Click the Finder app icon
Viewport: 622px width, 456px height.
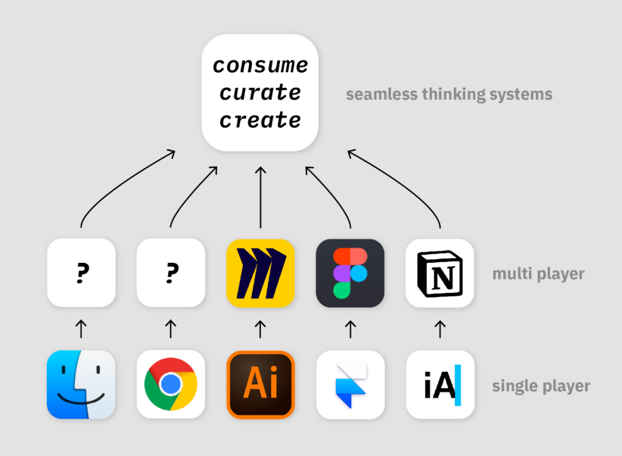point(81,385)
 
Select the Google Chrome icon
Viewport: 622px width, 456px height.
point(170,385)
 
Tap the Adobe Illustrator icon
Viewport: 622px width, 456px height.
point(260,385)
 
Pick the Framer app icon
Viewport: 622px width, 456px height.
point(350,385)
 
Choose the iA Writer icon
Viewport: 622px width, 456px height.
point(440,385)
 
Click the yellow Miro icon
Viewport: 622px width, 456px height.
point(260,273)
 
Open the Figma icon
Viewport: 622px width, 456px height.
point(350,273)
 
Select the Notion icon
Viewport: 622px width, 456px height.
point(440,273)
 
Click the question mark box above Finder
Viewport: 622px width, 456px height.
point(81,273)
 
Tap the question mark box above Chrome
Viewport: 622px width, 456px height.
point(170,273)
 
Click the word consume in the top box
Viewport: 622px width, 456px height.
point(260,65)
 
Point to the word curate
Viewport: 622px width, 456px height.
point(260,92)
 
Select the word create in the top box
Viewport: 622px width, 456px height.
point(260,120)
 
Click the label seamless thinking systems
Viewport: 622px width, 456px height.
point(449,95)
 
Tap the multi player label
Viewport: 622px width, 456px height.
point(538,274)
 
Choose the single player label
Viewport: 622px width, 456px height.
point(541,386)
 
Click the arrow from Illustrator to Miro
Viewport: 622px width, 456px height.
point(260,329)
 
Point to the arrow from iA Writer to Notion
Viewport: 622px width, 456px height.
point(440,329)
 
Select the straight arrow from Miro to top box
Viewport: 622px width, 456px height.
point(260,196)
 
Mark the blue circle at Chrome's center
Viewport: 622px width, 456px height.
point(170,385)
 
